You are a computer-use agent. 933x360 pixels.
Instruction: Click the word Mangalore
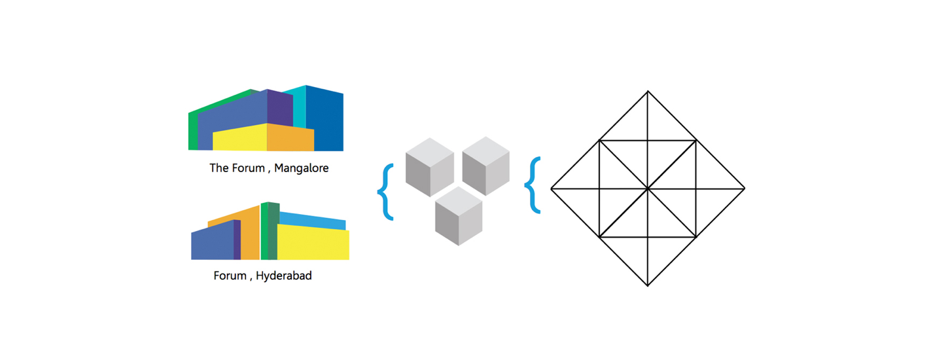[x=301, y=168]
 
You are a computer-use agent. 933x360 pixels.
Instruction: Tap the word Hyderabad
[x=284, y=276]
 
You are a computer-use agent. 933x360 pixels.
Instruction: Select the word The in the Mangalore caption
[x=219, y=168]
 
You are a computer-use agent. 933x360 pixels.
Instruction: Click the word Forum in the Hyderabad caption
[x=230, y=276]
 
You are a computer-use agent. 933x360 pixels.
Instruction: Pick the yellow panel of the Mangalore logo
[x=240, y=137]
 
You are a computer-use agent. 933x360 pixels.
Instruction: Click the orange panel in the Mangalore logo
[x=290, y=137]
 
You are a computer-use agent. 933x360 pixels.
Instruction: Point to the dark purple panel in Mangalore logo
[x=280, y=107]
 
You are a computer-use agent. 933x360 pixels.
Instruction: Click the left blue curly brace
[x=385, y=192]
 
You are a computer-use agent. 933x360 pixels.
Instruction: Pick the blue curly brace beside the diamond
[x=533, y=185]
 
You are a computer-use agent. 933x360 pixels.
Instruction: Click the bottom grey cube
[x=459, y=216]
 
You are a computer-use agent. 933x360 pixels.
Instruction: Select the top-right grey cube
[x=486, y=166]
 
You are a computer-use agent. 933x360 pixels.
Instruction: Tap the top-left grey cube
[x=430, y=167]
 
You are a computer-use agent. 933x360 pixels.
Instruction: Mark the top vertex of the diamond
[x=648, y=91]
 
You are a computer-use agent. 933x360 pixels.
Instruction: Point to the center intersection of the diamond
[x=648, y=189]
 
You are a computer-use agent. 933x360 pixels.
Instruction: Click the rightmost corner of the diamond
[x=745, y=189]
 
